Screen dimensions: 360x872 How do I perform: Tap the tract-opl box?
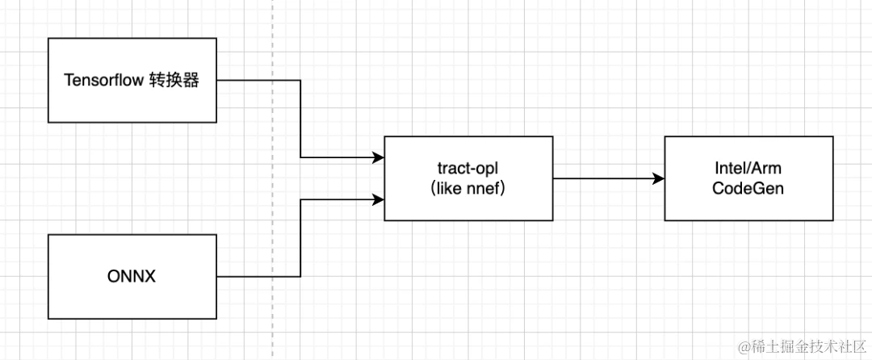(x=469, y=178)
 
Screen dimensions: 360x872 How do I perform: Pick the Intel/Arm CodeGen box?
(x=748, y=178)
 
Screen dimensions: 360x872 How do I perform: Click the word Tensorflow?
(x=103, y=81)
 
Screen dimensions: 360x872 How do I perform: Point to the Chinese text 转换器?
(x=174, y=81)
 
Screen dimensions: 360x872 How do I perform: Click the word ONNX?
(x=131, y=277)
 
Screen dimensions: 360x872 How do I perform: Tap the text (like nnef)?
(x=469, y=187)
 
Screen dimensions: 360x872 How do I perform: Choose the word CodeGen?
(x=748, y=187)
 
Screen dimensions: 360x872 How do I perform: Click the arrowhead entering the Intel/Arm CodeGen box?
(x=659, y=178)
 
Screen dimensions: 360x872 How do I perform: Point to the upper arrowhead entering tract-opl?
(x=379, y=158)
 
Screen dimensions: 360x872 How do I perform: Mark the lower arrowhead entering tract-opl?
(x=379, y=198)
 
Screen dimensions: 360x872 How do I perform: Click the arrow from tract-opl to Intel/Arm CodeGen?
(x=606, y=178)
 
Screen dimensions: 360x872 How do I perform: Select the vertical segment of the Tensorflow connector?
(x=300, y=119)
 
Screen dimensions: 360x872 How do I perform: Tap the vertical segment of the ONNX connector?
(x=300, y=237)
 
